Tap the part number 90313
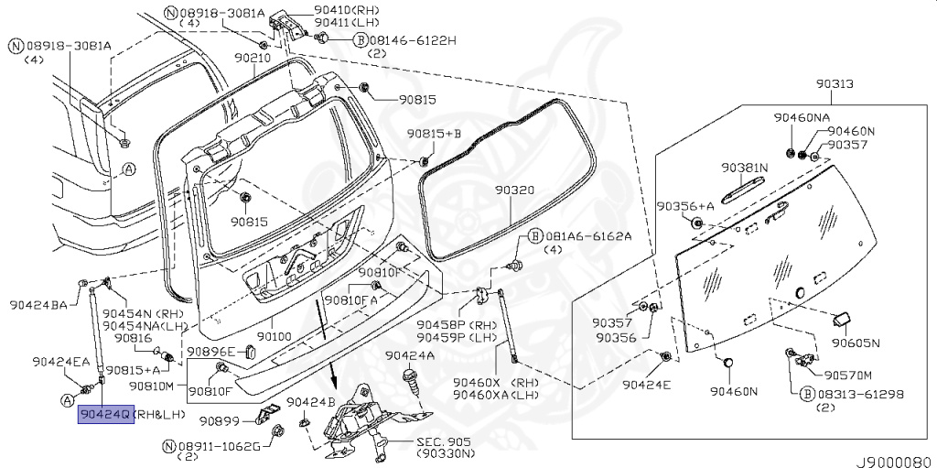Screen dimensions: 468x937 point(835,83)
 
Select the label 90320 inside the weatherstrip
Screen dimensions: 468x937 point(514,190)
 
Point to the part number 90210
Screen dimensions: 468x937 point(252,57)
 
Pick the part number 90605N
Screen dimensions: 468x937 point(855,343)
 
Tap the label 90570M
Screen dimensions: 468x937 point(847,375)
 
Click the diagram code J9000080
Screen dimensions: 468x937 point(893,461)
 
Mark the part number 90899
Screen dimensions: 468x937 point(219,421)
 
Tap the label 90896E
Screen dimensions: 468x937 point(211,351)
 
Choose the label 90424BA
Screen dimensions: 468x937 point(38,305)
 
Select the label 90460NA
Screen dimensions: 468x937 point(802,118)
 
